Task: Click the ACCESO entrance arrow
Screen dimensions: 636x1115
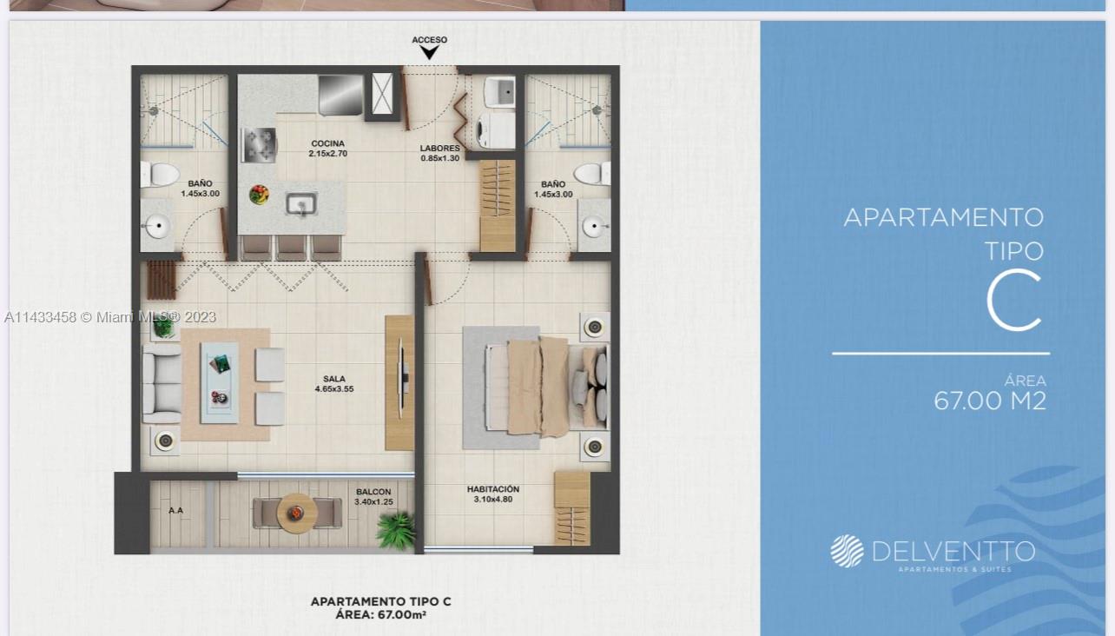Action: [429, 52]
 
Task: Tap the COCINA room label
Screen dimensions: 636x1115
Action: [327, 144]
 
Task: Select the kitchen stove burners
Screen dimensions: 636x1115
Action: [259, 143]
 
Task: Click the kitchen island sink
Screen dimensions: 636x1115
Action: [301, 204]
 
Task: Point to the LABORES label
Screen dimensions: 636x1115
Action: [439, 149]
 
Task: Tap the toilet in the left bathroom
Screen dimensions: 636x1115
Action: [160, 174]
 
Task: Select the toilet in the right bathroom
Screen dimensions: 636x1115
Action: [592, 174]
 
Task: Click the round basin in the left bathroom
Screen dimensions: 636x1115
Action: [158, 229]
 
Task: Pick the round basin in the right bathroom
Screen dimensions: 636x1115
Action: [594, 229]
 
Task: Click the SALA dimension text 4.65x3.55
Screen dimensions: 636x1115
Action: [334, 390]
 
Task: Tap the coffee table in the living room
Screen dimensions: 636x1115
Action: [219, 381]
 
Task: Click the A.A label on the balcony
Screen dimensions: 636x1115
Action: [175, 511]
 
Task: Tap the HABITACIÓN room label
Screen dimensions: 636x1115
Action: [492, 489]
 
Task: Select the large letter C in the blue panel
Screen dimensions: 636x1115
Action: [1014, 301]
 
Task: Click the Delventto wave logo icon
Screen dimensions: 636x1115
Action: [847, 551]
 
